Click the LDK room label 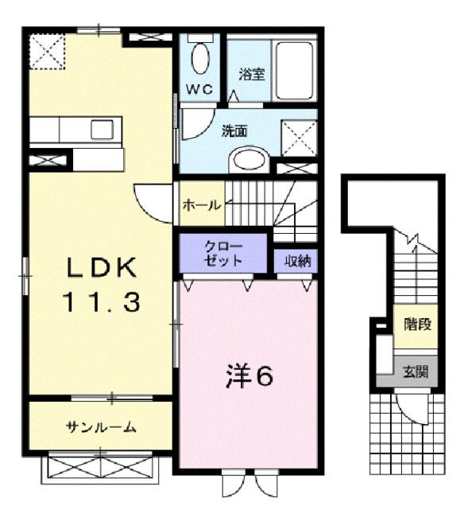[102, 270]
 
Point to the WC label [199, 89]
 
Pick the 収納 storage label [295, 259]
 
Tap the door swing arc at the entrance [412, 406]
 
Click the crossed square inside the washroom [300, 140]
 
